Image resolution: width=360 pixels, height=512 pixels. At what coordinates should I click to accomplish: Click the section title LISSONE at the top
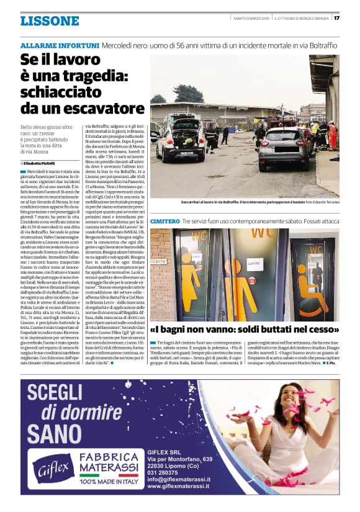(50, 20)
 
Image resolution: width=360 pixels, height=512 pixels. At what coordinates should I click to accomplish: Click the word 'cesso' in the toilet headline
(317, 329)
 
